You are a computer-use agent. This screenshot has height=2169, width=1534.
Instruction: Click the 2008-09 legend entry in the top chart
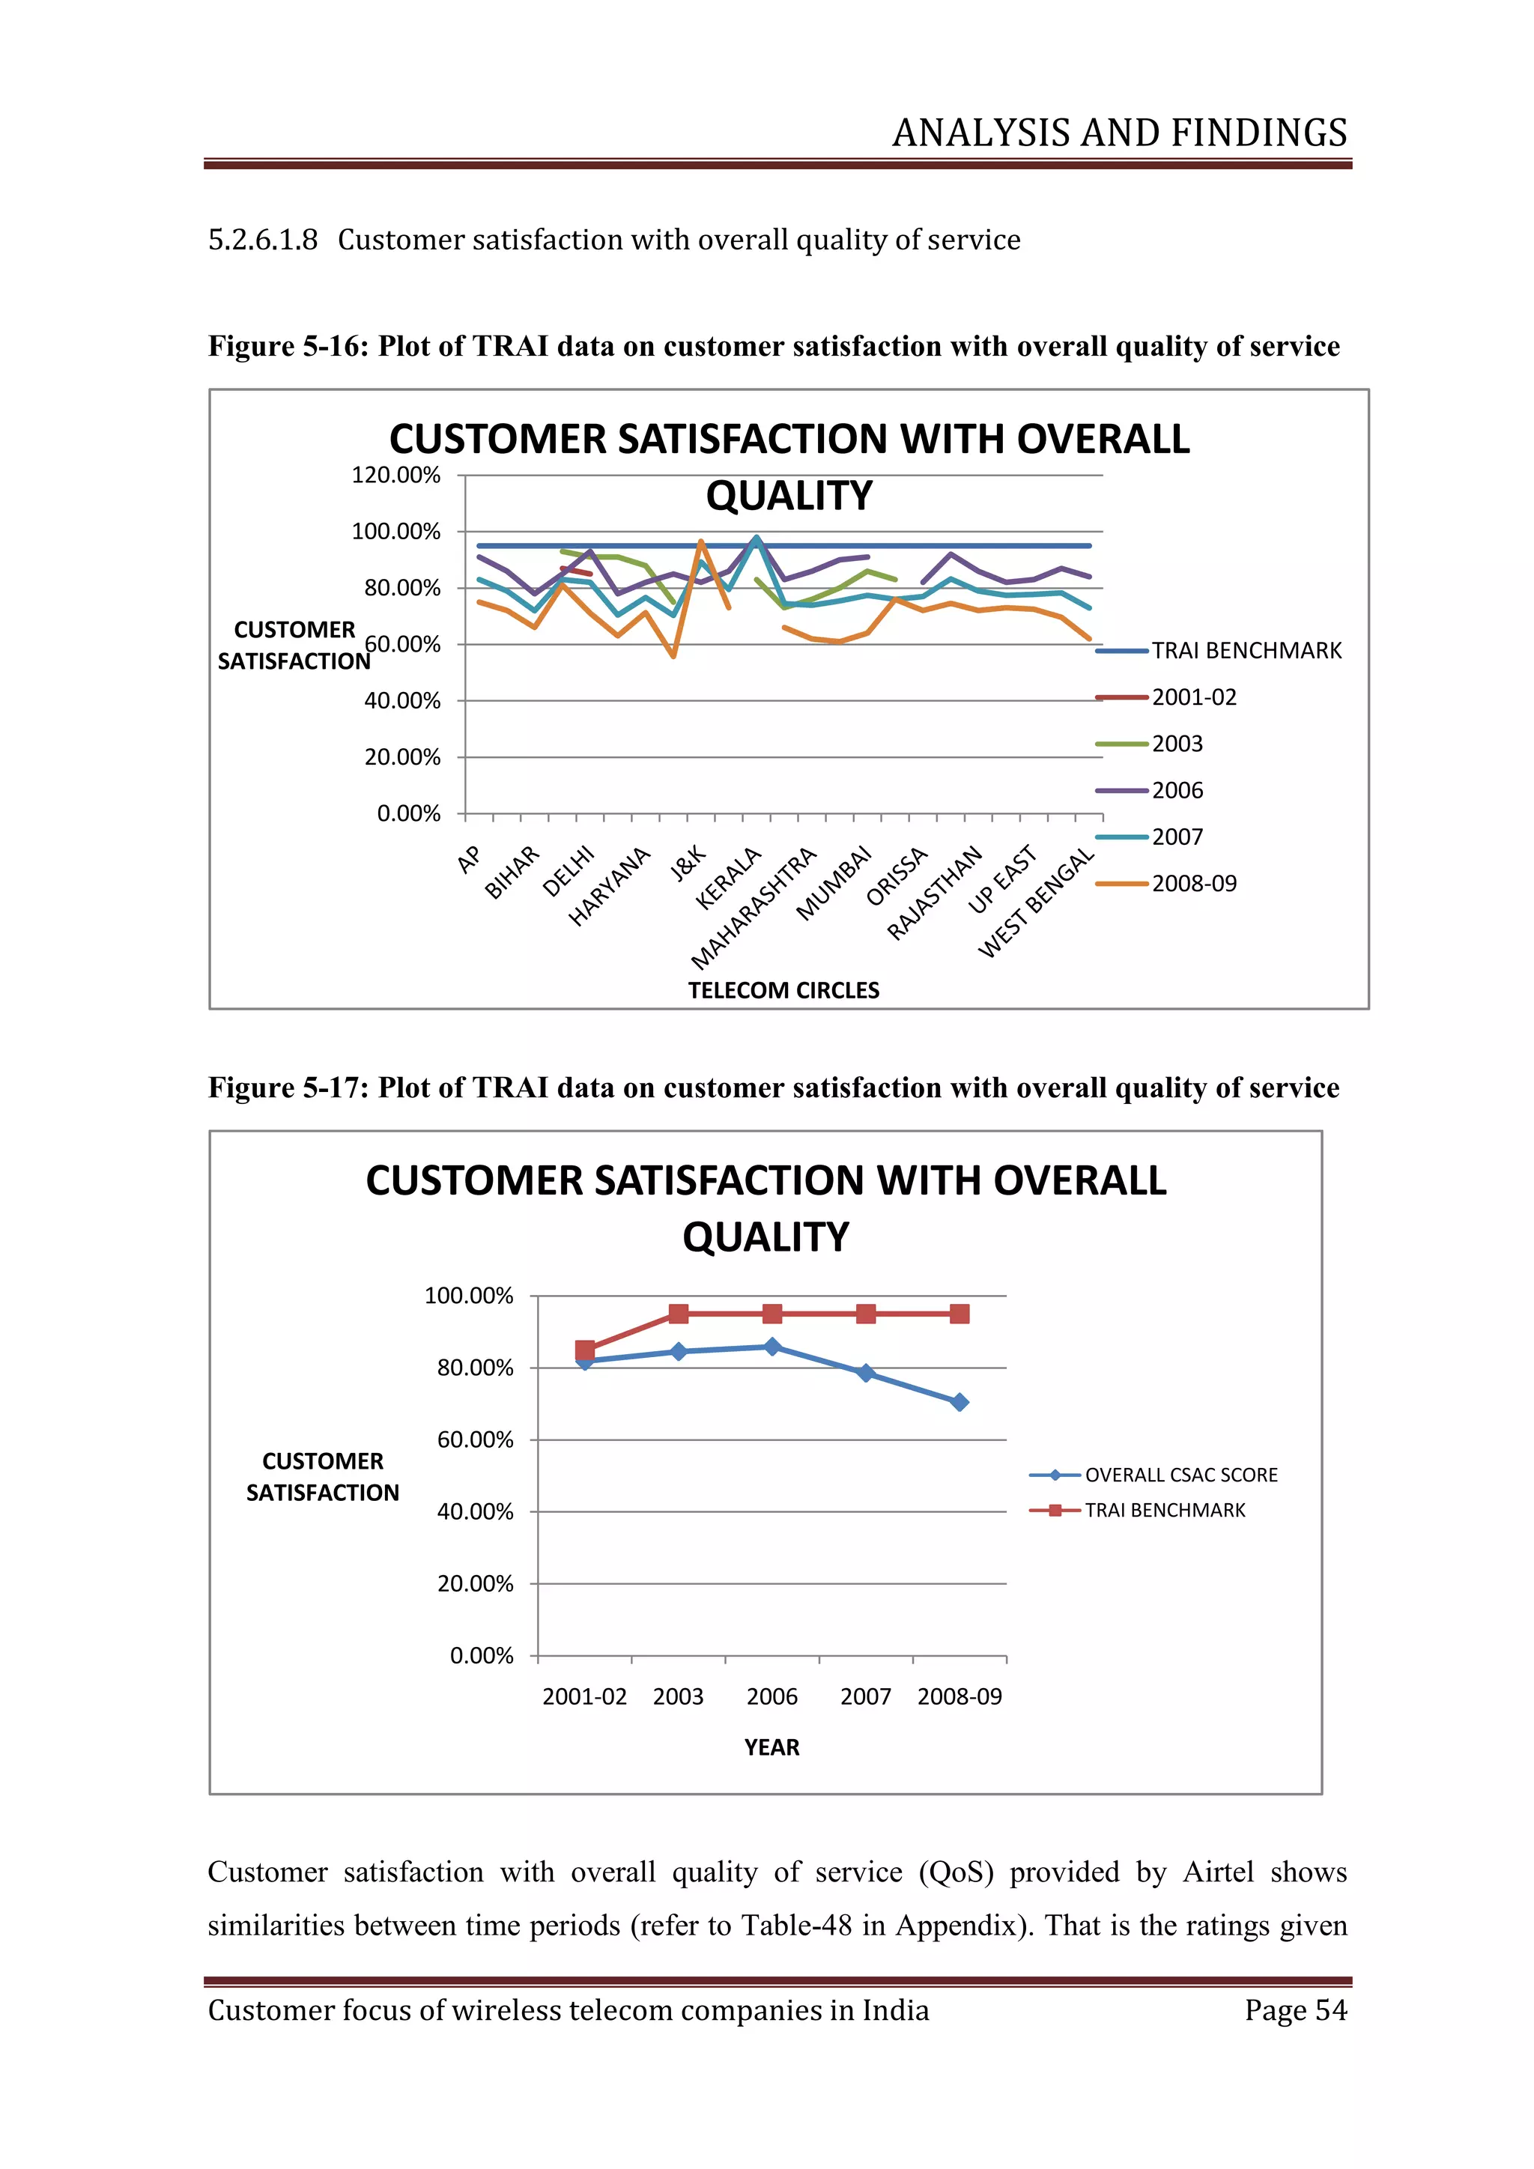click(x=1193, y=883)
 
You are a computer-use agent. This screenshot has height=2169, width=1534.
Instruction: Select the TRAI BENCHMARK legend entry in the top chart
click(x=1245, y=651)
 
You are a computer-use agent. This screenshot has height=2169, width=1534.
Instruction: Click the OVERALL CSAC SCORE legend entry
click(x=1180, y=1475)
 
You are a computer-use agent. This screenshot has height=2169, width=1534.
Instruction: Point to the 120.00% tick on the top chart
click(x=395, y=475)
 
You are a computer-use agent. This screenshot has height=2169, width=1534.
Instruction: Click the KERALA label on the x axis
click(x=727, y=879)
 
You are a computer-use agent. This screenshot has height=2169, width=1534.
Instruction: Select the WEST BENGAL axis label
click(x=1035, y=903)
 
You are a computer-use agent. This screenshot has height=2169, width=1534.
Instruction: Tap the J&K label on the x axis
click(x=688, y=864)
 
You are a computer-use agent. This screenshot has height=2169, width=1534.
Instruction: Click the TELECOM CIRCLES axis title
click(x=783, y=990)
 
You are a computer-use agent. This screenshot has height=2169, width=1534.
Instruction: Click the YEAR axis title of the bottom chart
click(x=771, y=1747)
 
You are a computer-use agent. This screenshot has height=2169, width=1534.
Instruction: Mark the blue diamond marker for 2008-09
click(x=959, y=1402)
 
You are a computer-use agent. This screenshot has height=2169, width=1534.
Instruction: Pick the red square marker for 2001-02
click(x=585, y=1349)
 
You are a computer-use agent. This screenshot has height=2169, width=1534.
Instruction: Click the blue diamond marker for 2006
click(x=771, y=1346)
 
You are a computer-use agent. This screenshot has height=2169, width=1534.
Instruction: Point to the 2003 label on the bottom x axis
click(x=677, y=1696)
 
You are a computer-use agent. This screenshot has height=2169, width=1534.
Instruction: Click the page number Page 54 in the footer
click(x=1295, y=2009)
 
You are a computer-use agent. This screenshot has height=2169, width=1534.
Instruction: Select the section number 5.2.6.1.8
click(x=263, y=239)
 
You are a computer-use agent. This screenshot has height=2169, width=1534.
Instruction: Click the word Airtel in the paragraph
click(x=1218, y=1872)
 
